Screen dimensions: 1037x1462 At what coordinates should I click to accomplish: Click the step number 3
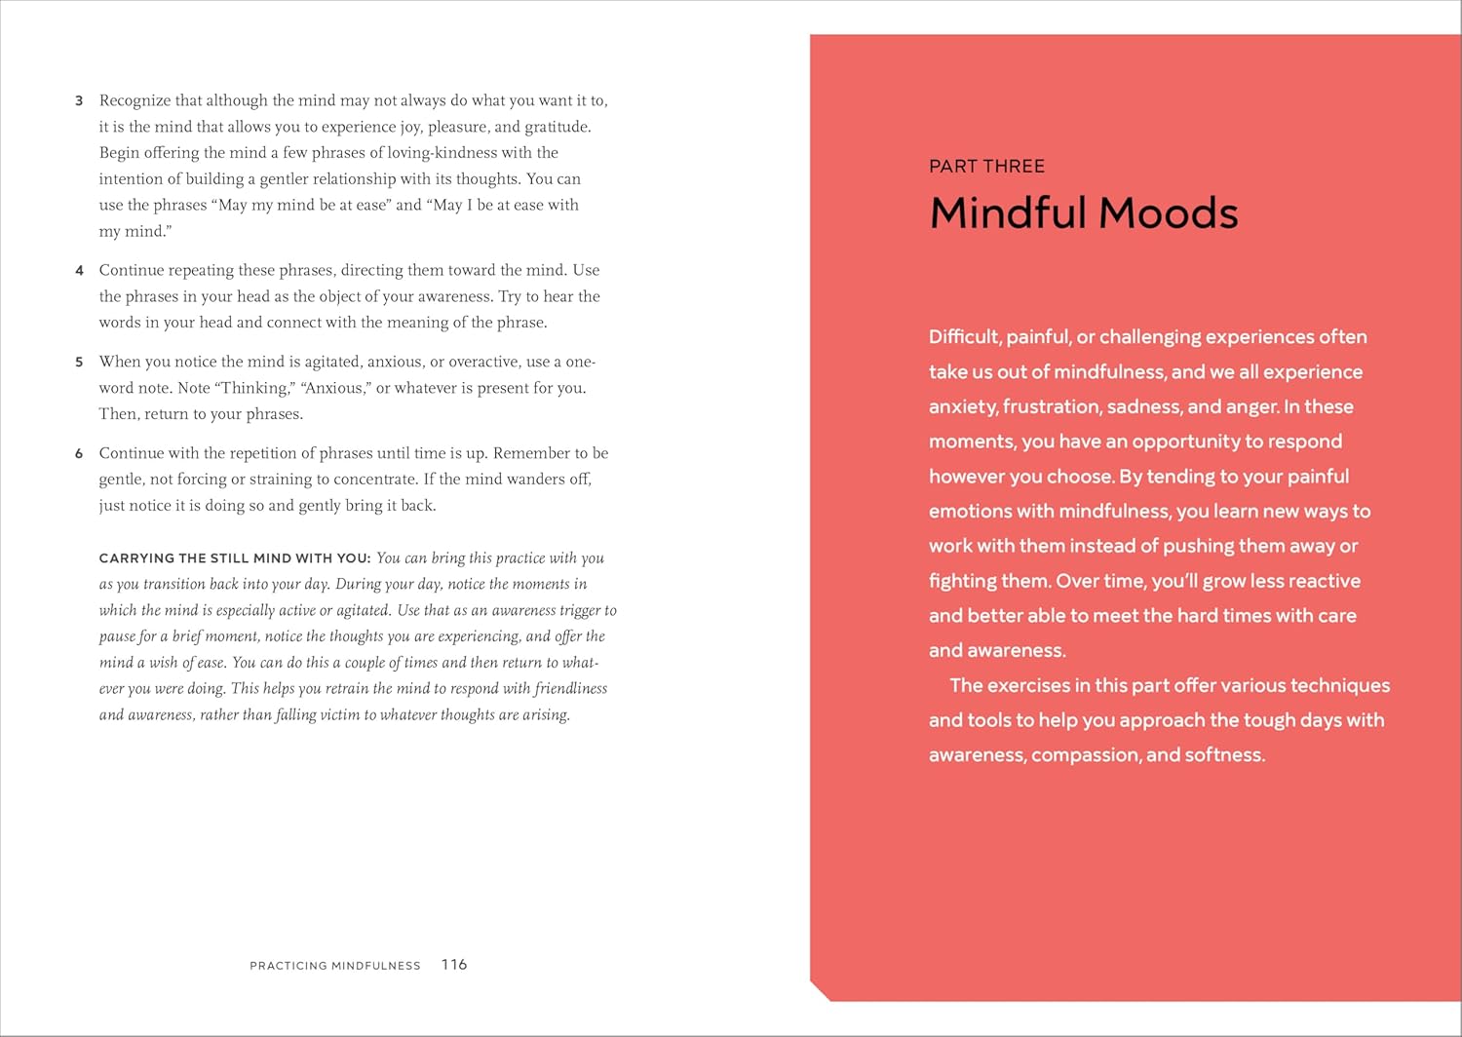79,101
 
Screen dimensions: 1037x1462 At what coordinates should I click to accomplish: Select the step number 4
79,271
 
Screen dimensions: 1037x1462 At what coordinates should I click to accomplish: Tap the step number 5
79,363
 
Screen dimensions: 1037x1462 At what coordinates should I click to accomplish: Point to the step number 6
79,454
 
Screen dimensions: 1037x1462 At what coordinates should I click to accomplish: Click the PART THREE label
986,167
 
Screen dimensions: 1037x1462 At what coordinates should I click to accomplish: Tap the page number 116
454,965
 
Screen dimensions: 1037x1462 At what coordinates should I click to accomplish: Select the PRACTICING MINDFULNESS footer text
335,966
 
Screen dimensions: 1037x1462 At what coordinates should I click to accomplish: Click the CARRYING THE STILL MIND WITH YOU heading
235,558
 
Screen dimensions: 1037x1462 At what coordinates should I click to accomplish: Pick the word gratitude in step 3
557,127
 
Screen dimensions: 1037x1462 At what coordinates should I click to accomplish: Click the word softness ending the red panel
1224,755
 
